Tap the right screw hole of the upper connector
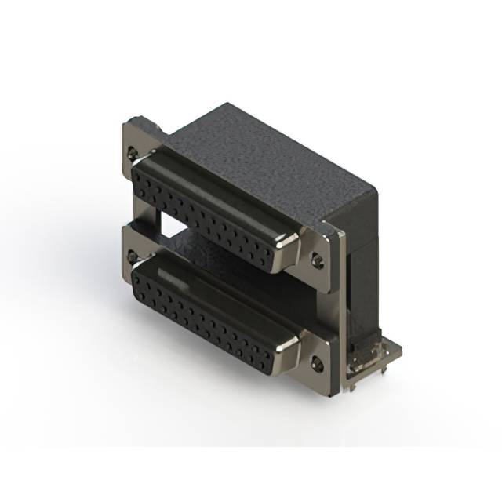(x=318, y=258)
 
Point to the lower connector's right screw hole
(x=317, y=363)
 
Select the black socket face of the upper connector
(x=212, y=212)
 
